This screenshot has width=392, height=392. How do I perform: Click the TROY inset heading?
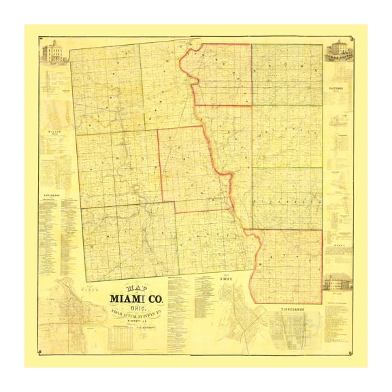[225, 278]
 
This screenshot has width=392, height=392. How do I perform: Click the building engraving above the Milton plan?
[54, 52]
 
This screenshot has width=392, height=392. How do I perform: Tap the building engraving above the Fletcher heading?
[338, 51]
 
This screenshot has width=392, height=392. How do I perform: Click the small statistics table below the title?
[129, 339]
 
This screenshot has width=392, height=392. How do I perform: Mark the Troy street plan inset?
[231, 310]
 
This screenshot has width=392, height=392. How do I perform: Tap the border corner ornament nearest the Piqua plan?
[41, 352]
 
